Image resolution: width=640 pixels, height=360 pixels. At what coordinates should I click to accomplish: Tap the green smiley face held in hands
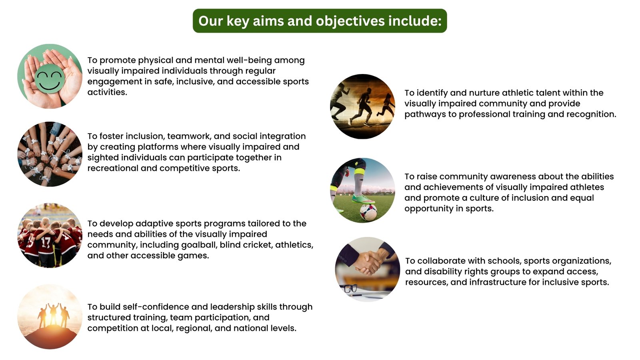[x=49, y=78]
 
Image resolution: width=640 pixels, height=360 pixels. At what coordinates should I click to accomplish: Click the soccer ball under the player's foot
[x=368, y=212]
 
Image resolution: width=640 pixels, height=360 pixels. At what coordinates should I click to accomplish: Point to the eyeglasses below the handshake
[x=350, y=288]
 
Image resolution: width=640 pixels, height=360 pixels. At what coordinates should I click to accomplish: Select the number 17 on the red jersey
[x=46, y=242]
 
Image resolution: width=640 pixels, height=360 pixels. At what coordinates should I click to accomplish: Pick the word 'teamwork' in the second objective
[x=189, y=136]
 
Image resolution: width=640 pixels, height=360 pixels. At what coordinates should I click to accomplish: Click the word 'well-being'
[x=248, y=60]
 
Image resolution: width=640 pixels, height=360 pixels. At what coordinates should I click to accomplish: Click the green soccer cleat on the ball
[x=363, y=198]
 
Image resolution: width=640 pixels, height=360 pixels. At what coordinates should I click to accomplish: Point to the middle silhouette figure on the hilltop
[x=54, y=314]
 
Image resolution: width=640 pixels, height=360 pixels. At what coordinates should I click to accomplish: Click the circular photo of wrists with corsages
[x=50, y=154]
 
